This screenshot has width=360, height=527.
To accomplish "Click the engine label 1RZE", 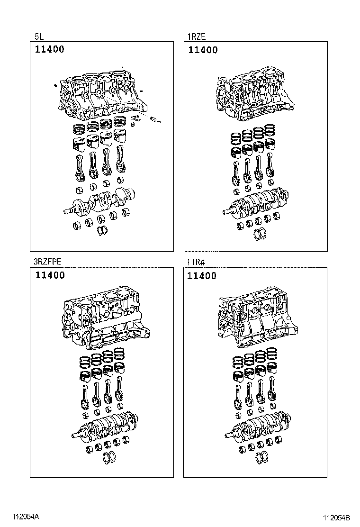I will coord(197,36).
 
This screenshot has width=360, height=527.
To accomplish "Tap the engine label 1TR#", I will coord(195,262).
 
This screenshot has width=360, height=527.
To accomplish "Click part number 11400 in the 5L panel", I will coord(49,50).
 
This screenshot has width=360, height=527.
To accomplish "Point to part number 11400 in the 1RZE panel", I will coord(203,50).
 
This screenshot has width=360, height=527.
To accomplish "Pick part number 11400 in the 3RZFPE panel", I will coord(49,275).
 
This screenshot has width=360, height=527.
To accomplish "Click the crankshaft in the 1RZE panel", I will coord(256,202).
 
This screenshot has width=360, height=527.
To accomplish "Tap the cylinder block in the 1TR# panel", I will coord(253,320).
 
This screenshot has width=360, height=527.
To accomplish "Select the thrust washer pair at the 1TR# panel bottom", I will coord(261,457).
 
